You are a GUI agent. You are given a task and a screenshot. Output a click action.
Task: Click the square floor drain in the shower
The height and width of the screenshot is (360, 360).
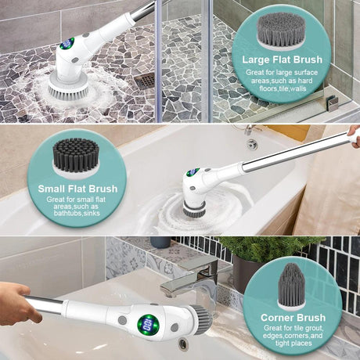(145, 80)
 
